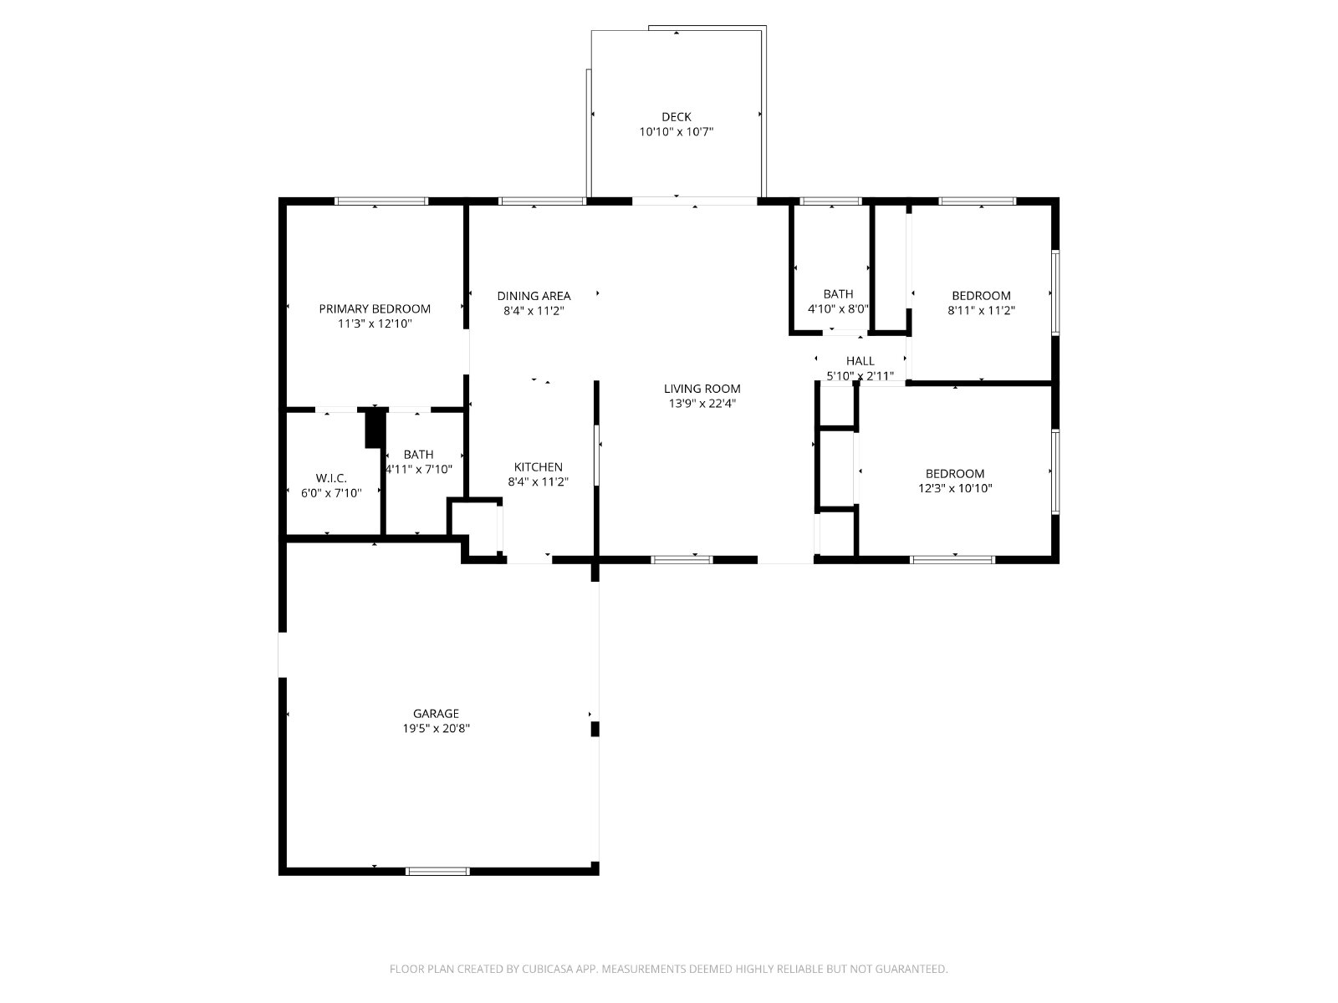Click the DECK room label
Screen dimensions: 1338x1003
point(676,117)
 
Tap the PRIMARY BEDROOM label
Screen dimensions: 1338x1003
point(375,308)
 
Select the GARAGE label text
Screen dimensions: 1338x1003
point(436,713)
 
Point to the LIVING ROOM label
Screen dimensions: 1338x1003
point(702,389)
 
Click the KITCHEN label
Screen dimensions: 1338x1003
point(539,467)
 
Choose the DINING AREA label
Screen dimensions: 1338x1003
point(534,296)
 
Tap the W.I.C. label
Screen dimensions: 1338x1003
point(331,479)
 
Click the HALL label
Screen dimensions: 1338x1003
point(861,361)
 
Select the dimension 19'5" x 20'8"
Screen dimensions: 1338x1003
point(436,728)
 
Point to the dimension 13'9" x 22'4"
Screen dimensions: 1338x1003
point(702,403)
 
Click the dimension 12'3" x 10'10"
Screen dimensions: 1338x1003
point(955,488)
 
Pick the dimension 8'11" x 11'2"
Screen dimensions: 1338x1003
point(981,310)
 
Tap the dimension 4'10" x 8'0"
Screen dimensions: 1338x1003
point(838,308)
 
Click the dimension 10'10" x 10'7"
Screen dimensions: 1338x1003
point(676,131)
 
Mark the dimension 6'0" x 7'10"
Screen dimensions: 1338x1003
point(331,493)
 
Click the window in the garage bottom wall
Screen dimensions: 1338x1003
point(437,872)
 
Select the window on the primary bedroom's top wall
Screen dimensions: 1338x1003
point(381,201)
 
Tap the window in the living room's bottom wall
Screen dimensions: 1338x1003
point(682,560)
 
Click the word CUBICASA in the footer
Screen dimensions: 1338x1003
point(546,969)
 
